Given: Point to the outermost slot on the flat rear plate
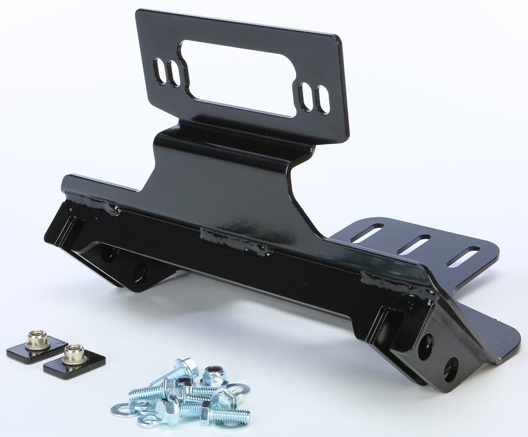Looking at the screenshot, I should coord(463,256).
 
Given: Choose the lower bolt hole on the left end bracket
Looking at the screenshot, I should coord(140,273).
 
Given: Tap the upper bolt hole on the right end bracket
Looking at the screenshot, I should coord(426,347).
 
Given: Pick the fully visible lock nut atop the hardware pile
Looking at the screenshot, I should coord(214,376).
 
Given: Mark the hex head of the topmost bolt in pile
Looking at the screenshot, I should coord(186,366).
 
